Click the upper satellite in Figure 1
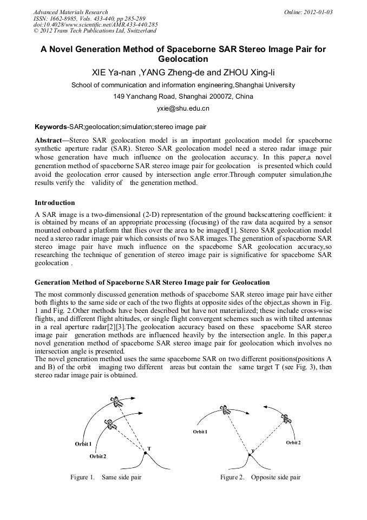coord(115,402)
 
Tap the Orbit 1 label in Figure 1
coord(83,444)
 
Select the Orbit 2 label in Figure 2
coord(293,442)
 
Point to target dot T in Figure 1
coord(145,453)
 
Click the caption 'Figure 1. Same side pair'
coord(106,477)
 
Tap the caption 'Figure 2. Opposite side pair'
coord(260,477)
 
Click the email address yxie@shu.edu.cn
coord(183,108)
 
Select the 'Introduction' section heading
coord(55,203)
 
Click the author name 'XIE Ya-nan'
coord(113,73)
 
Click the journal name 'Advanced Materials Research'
coord(70,12)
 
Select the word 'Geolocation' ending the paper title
coord(183,59)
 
